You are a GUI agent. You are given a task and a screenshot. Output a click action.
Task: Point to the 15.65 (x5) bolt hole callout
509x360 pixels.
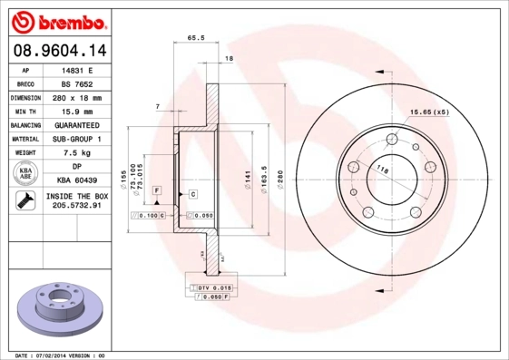coord(429,112)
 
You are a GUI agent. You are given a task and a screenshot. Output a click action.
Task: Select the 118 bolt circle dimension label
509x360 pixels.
coord(382,170)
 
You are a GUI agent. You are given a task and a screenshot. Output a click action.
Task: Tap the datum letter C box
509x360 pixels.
coord(192,194)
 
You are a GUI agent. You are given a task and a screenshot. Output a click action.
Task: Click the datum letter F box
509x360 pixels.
coord(156,190)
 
